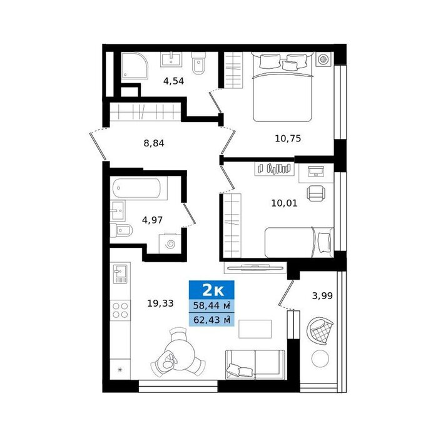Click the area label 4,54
coord(173,81)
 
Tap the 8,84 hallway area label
coord(154,143)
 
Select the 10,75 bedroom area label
coord(288,138)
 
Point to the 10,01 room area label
coord(284,203)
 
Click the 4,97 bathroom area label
coord(152,220)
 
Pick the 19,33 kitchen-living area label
coord(160,303)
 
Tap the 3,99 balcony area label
coord(322,295)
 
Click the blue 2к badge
coord(211,290)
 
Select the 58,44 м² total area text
coord(211,305)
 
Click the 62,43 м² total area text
coord(211,320)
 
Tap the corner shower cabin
coord(135,66)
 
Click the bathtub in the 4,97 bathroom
coord(136,188)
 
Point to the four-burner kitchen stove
coord(120,310)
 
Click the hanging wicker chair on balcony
coord(320,331)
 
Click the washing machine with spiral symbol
coord(170,244)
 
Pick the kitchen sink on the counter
coord(120,273)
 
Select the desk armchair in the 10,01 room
coord(316,193)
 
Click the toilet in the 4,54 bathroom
coord(198,63)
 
